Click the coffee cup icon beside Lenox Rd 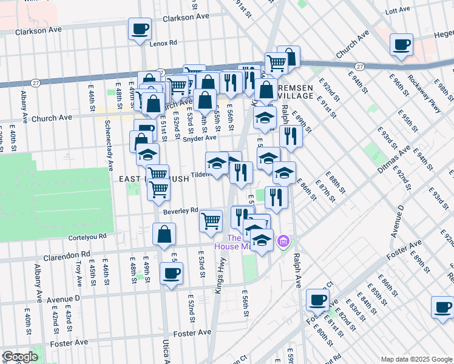[x=140, y=29]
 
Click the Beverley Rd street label [x=181, y=211]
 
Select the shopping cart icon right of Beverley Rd [x=211, y=221]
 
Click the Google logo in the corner [x=19, y=357]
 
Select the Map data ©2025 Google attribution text [x=416, y=359]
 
